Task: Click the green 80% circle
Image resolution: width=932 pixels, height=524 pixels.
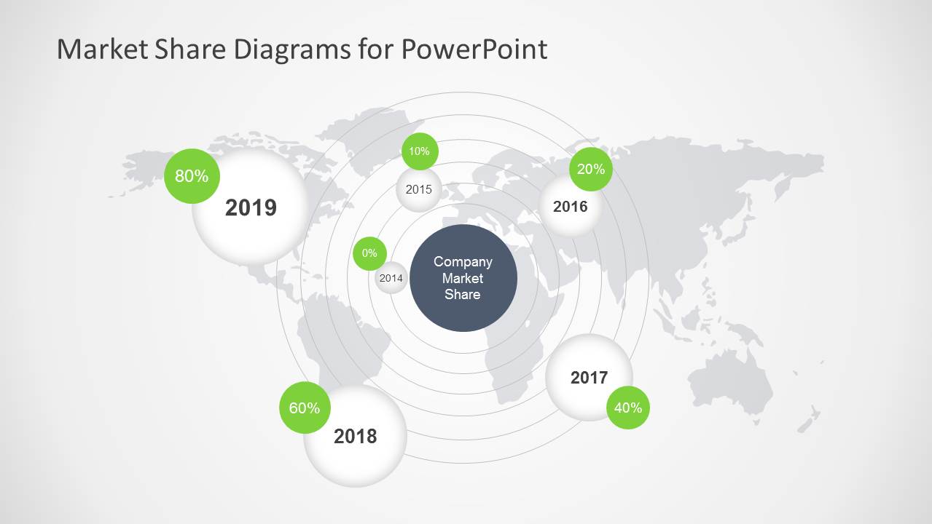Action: click(x=192, y=176)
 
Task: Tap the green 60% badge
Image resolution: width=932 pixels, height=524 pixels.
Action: click(x=305, y=408)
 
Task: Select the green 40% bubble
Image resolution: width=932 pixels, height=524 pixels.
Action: click(x=628, y=408)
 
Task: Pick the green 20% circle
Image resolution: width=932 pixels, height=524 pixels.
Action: click(x=591, y=169)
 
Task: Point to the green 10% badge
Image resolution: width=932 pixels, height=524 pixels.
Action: click(x=420, y=151)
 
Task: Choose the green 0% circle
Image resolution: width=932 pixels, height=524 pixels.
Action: click(x=369, y=253)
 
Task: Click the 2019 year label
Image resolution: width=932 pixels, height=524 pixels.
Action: click(x=251, y=207)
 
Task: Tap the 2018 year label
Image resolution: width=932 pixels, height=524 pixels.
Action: click(x=356, y=437)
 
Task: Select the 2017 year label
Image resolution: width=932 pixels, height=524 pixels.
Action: click(x=590, y=378)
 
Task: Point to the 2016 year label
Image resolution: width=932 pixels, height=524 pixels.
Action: click(x=571, y=207)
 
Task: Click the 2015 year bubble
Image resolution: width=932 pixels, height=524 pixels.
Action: click(x=418, y=189)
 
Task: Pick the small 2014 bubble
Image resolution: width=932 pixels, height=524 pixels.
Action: click(x=391, y=278)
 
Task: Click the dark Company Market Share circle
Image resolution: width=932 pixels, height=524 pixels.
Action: click(x=463, y=278)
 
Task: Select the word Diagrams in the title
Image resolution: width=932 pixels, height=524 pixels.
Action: click(x=292, y=50)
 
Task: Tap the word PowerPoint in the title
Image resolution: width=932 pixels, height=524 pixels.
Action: click(x=474, y=49)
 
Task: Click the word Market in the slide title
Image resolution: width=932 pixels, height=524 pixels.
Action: click(x=102, y=49)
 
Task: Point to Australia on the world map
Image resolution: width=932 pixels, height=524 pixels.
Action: click(x=731, y=382)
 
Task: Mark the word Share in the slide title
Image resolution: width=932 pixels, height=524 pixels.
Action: click(x=190, y=49)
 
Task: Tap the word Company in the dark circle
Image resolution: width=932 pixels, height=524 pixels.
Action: click(x=463, y=262)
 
